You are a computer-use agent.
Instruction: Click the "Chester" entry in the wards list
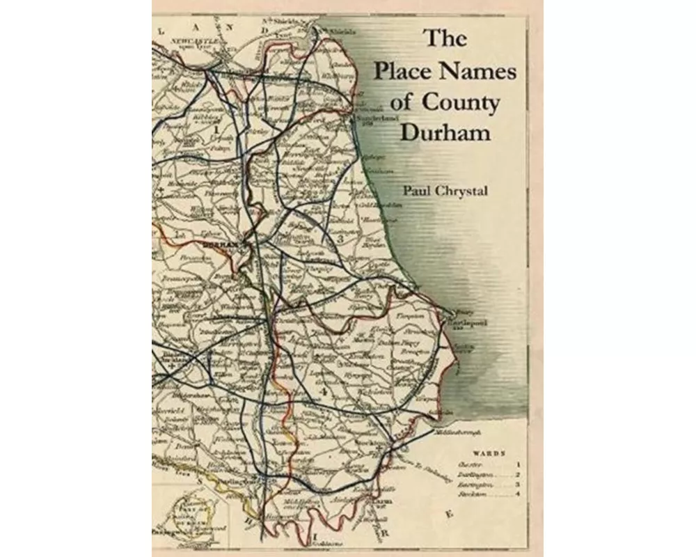click(x=464, y=462)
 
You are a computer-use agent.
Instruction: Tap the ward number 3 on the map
click(x=340, y=239)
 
